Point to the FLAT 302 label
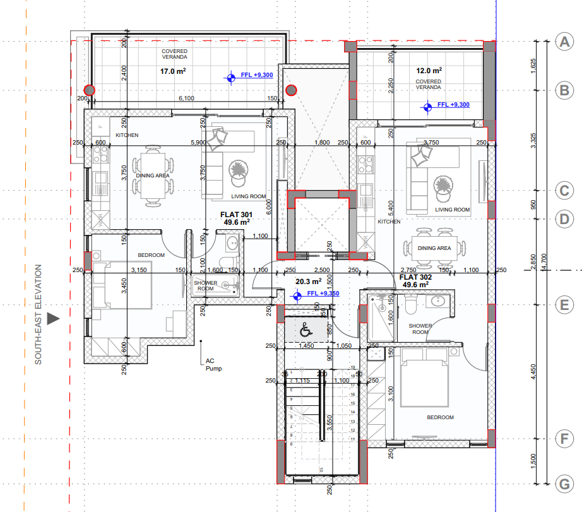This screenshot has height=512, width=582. tap(415, 277)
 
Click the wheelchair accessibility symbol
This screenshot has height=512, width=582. tap(305, 330)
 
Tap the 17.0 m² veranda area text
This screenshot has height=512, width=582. tap(172, 71)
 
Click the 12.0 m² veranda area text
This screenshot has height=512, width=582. tap(429, 71)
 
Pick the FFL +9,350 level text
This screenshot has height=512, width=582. tap(323, 294)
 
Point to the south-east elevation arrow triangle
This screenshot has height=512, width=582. tap(54, 319)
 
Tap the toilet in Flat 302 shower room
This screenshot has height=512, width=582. tap(411, 306)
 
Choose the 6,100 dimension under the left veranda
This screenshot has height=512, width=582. tap(186, 98)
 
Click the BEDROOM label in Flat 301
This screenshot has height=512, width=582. tap(151, 255)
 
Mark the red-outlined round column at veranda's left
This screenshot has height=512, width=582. tap(90, 90)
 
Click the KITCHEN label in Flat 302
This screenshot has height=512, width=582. tap(389, 222)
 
